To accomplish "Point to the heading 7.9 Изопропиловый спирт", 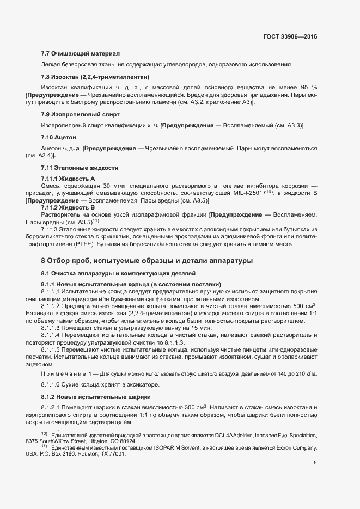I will pos(80,114).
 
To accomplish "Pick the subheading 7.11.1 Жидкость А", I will pos(68,179).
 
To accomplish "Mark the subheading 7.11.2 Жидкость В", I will pos(68,207).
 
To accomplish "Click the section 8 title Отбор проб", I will pos(147,261).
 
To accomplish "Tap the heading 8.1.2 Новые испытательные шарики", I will pos(96,396).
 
